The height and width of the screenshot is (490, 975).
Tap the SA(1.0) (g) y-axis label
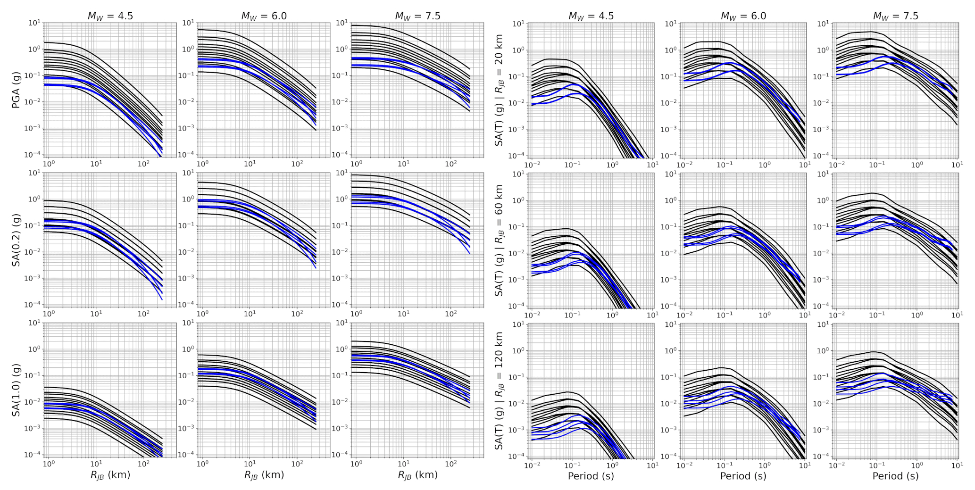17,390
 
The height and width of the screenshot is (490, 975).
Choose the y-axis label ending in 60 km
499,240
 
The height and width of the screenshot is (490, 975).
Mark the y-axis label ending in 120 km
499,390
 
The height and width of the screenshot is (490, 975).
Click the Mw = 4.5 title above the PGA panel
110,16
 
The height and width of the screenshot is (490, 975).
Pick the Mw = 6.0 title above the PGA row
264,16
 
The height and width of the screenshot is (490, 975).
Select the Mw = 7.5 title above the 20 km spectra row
896,16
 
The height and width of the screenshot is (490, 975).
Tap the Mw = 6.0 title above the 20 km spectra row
743,16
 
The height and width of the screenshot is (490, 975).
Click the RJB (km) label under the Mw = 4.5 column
110,475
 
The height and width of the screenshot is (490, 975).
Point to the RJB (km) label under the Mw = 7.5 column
418,475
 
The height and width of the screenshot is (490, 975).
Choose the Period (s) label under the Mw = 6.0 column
743,476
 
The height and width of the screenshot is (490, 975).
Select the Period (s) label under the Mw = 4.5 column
591,476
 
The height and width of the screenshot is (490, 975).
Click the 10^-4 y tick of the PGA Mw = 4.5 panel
33,155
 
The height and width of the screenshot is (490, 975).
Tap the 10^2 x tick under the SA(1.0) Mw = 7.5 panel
451,464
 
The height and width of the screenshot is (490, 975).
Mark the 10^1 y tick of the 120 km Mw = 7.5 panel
824,324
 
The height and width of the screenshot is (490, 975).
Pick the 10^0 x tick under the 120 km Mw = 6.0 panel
765,465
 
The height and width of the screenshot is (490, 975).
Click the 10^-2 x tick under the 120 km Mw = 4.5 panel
532,465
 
